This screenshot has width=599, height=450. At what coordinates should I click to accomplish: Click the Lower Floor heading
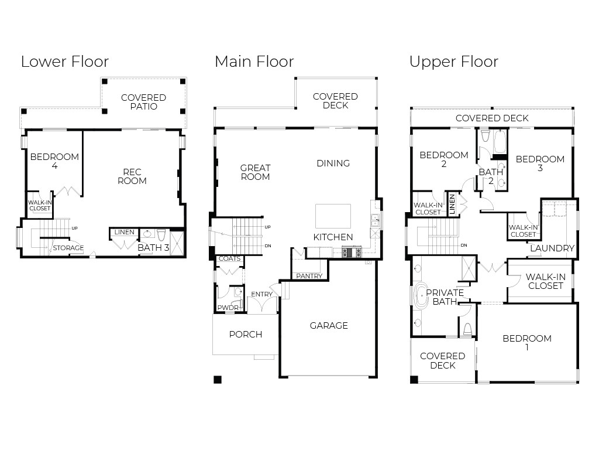pyautogui.click(x=65, y=62)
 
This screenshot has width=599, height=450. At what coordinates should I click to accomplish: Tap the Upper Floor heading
pyautogui.click(x=454, y=62)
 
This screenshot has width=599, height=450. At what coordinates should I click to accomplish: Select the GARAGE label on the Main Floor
pyautogui.click(x=329, y=326)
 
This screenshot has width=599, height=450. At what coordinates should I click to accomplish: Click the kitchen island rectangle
pyautogui.click(x=333, y=216)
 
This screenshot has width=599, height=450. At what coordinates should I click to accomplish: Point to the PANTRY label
pyautogui.click(x=309, y=276)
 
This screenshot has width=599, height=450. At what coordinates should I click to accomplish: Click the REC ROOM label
pyautogui.click(x=132, y=176)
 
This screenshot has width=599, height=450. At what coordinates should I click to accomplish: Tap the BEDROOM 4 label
pyautogui.click(x=54, y=161)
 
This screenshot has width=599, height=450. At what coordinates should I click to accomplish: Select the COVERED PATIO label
pyautogui.click(x=144, y=102)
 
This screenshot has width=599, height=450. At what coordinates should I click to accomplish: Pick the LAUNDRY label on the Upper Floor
pyautogui.click(x=552, y=248)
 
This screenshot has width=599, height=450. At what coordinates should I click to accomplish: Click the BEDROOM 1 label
pyautogui.click(x=527, y=343)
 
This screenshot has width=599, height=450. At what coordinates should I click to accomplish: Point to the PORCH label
pyautogui.click(x=246, y=335)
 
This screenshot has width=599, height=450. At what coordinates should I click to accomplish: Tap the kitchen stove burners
pyautogui.click(x=352, y=253)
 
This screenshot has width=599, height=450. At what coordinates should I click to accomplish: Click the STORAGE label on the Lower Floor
pyautogui.click(x=68, y=248)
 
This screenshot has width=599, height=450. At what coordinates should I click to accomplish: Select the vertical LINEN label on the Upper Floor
pyautogui.click(x=452, y=204)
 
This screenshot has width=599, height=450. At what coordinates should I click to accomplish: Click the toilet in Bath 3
pyautogui.click(x=161, y=234)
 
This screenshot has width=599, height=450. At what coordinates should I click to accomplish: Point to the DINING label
pyautogui.click(x=333, y=163)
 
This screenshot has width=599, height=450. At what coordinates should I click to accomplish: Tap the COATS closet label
pyautogui.click(x=229, y=258)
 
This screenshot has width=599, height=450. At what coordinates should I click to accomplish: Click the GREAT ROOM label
pyautogui.click(x=255, y=172)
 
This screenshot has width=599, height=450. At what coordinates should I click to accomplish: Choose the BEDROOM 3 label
pyautogui.click(x=540, y=163)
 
